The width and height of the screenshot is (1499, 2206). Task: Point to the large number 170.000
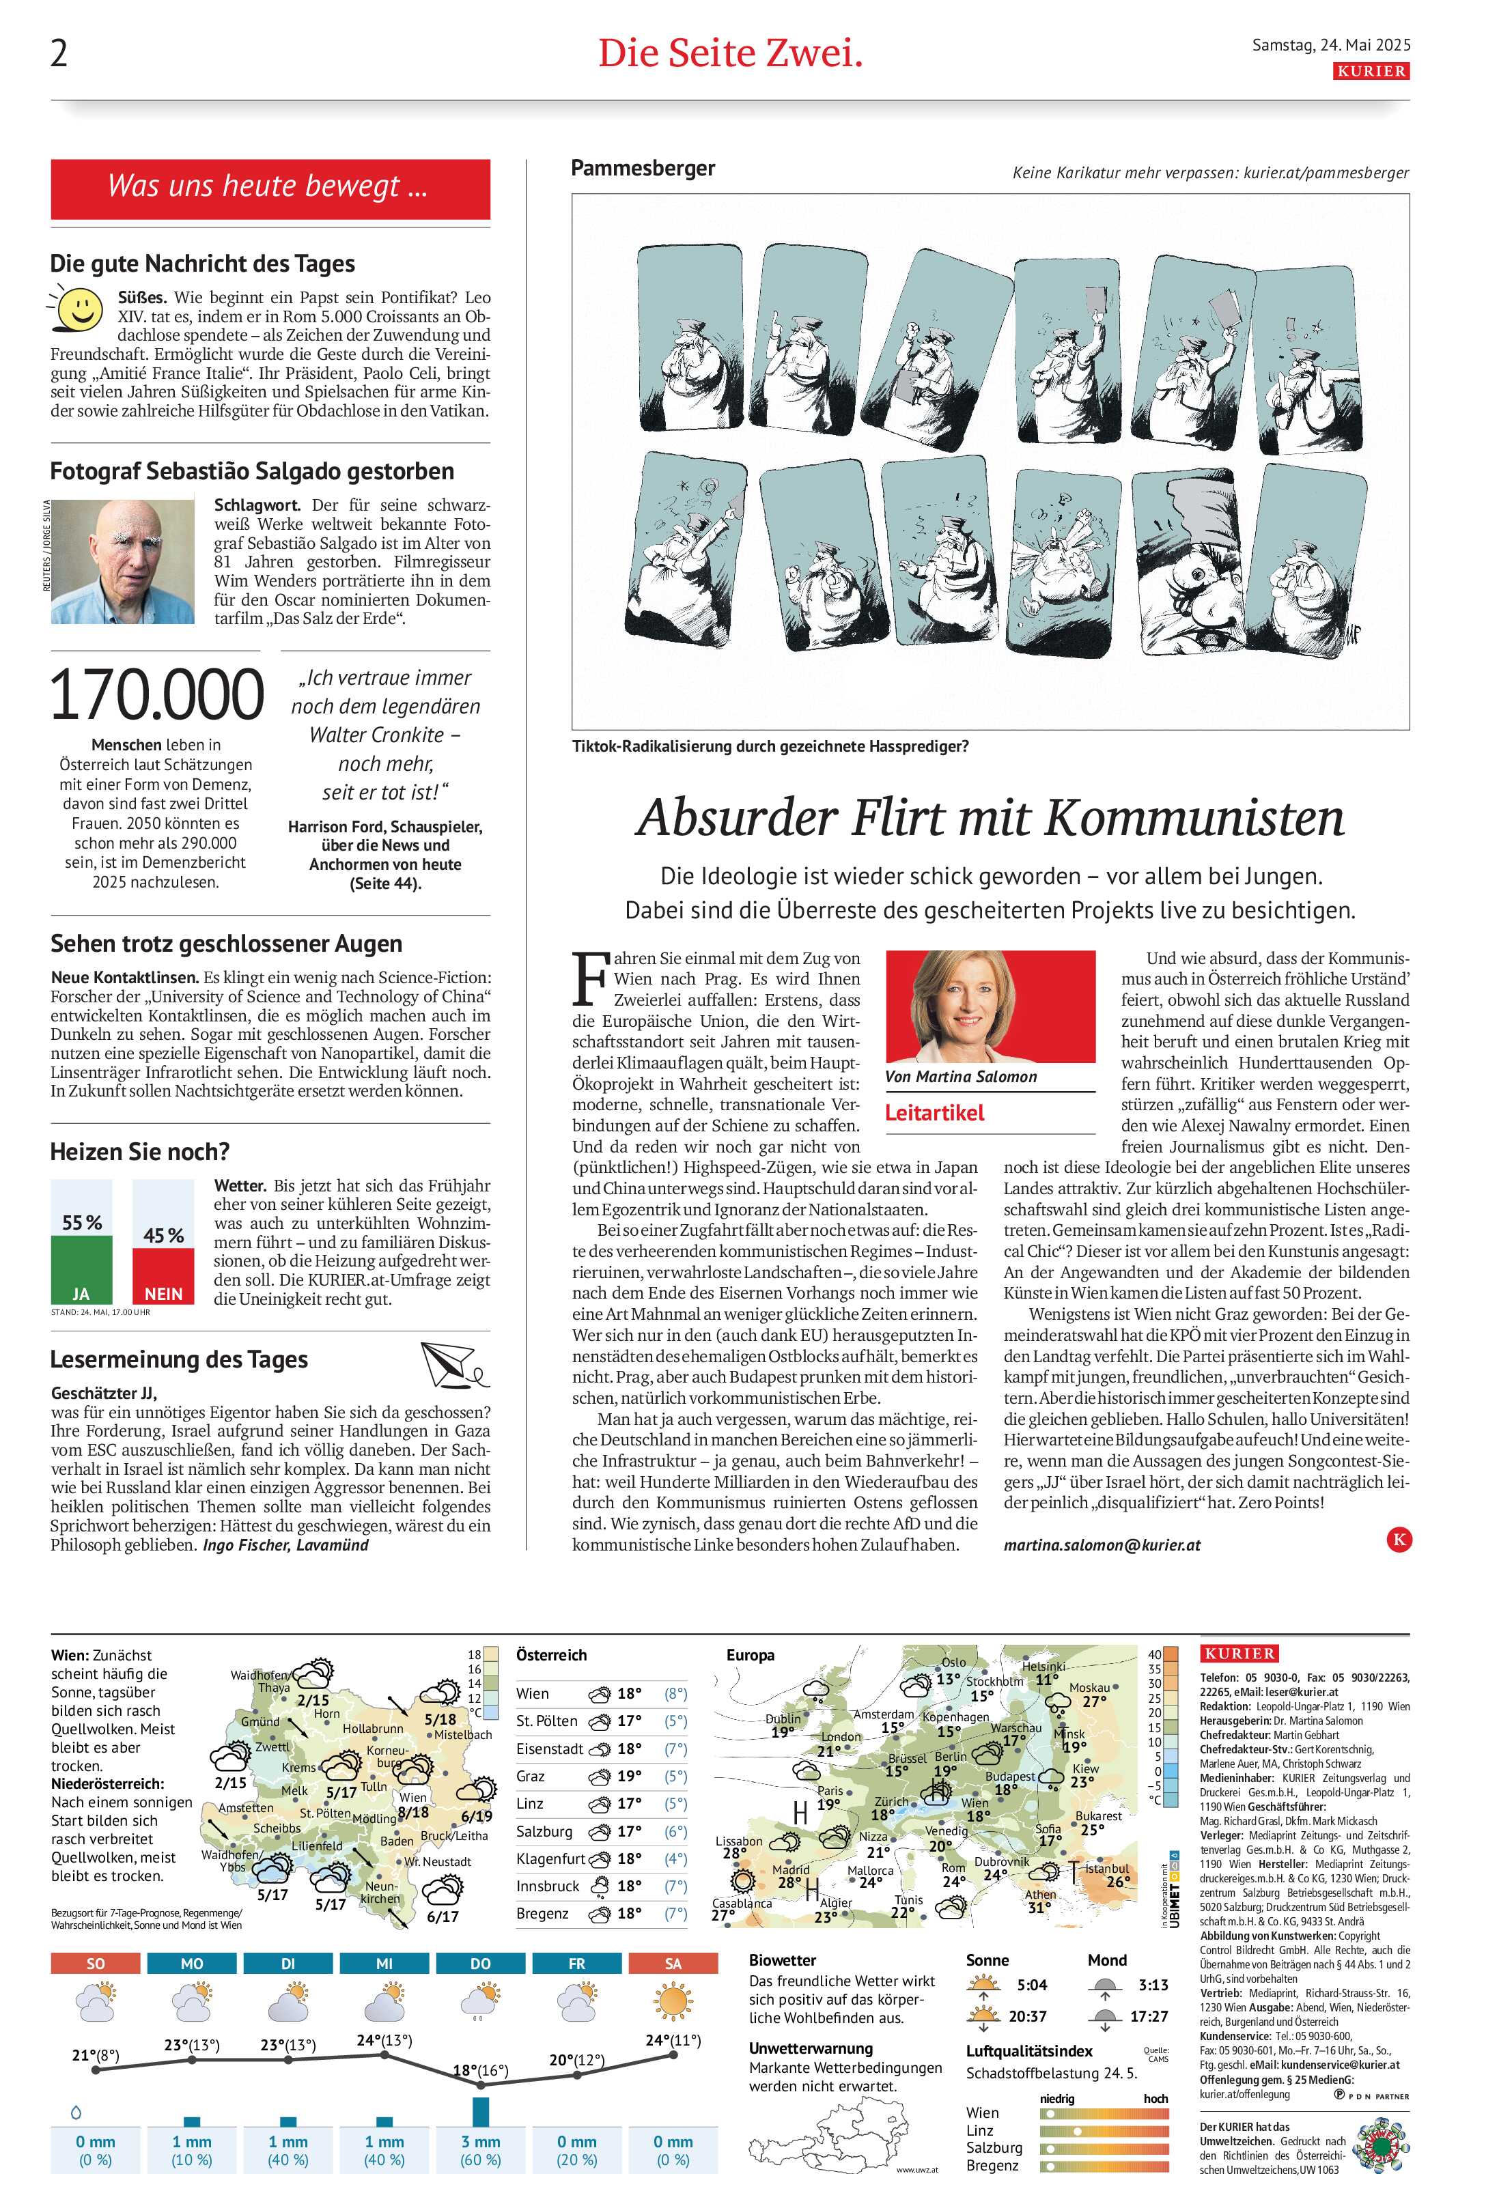[x=156, y=695]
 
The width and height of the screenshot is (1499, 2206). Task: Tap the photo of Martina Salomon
[x=990, y=1006]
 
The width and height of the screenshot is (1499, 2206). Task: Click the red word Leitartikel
[x=934, y=1112]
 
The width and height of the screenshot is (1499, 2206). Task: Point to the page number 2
[x=59, y=54]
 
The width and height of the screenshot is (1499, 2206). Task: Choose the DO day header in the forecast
[x=480, y=1963]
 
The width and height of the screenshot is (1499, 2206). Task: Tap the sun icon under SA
[x=673, y=2003]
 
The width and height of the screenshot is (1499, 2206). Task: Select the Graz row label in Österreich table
[x=531, y=1776]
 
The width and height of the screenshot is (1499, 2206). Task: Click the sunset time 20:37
[x=1027, y=2016]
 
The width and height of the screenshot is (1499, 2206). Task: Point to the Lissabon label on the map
[x=739, y=1841]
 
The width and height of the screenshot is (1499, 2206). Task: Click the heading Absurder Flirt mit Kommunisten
[x=990, y=817]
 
